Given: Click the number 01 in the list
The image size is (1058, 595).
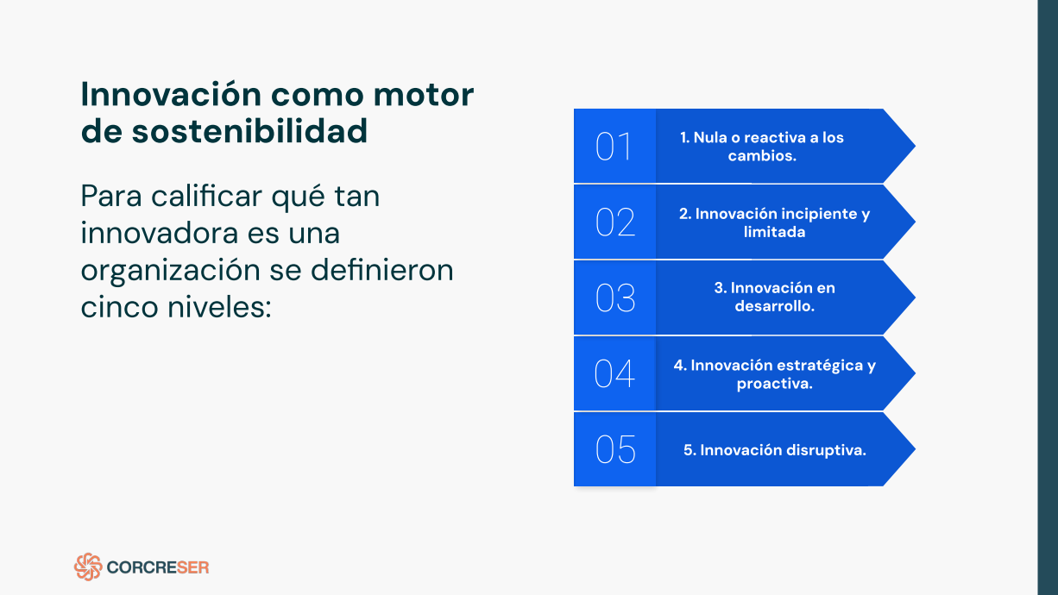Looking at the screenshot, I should pyautogui.click(x=614, y=147).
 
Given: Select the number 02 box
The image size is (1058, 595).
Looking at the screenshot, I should pyautogui.click(x=614, y=222).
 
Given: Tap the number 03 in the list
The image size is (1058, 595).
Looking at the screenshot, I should pyautogui.click(x=614, y=297).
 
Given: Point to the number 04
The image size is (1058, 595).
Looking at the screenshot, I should pyautogui.click(x=614, y=373).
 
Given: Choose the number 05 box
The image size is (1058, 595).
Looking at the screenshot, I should pyautogui.click(x=614, y=449).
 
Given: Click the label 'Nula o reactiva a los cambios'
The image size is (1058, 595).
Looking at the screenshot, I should pyautogui.click(x=762, y=147).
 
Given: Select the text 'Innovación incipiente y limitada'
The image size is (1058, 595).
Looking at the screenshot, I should pyautogui.click(x=774, y=222).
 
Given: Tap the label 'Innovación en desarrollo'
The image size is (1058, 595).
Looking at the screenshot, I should pyautogui.click(x=774, y=297).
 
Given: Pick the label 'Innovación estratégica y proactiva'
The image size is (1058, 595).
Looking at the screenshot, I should pyautogui.click(x=774, y=373).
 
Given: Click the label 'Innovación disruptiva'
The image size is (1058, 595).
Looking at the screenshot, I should pyautogui.click(x=774, y=449).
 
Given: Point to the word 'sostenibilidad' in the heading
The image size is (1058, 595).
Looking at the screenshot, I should pyautogui.click(x=250, y=131).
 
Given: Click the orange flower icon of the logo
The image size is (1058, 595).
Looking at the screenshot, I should pyautogui.click(x=88, y=567).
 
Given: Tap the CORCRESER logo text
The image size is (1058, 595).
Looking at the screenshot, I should pyautogui.click(x=158, y=567).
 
